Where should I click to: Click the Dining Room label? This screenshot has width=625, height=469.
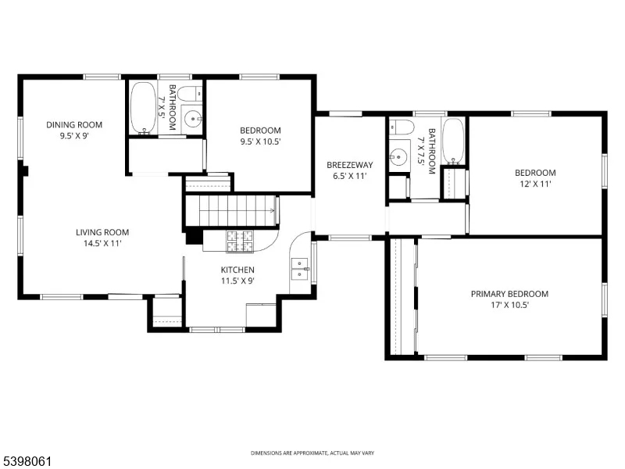74,124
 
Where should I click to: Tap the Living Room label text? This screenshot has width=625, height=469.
102,232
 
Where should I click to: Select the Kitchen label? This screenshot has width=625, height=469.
237,270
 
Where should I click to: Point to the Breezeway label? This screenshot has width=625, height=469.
349,165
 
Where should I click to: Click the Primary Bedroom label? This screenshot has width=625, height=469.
509,294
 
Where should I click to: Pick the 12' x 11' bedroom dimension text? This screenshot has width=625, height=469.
534,184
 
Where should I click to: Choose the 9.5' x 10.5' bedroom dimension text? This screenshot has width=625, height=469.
259,141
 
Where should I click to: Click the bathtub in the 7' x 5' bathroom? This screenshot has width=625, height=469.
143,107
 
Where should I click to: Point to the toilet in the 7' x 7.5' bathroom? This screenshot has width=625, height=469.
402,127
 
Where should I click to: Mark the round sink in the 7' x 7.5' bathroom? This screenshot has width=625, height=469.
401,155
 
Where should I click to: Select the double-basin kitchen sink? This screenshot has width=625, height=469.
299,268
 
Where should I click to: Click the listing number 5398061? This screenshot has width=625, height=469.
27,462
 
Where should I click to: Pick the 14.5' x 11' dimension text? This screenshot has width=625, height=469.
102,243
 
